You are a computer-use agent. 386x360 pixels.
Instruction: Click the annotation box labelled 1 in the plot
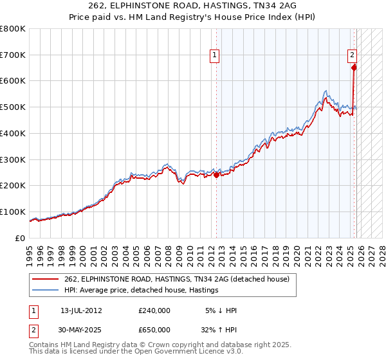(x=215, y=56)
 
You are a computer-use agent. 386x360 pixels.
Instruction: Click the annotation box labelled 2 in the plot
(x=353, y=56)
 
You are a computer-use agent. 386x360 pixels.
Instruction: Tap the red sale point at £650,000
(x=354, y=67)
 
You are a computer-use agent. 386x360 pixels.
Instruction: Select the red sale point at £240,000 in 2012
(x=216, y=174)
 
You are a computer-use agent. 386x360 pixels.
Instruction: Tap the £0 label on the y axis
(x=20, y=238)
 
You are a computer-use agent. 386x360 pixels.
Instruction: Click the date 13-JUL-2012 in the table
(x=81, y=310)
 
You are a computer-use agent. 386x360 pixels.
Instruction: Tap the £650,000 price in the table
(x=154, y=330)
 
